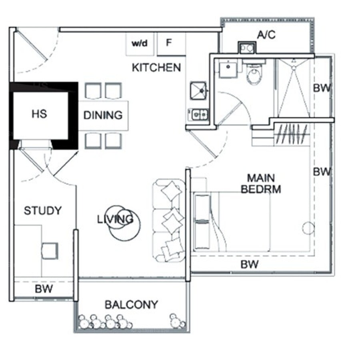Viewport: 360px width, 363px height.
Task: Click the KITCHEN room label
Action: (156, 68)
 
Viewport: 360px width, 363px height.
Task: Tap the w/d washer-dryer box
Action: (140, 44)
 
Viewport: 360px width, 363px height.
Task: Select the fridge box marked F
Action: (171, 44)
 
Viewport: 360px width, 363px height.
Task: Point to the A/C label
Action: (266, 35)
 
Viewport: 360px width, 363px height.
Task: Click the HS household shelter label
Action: (39, 114)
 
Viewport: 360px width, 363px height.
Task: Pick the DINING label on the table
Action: (103, 115)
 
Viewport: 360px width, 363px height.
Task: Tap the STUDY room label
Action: (43, 211)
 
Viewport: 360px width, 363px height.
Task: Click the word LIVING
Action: (115, 219)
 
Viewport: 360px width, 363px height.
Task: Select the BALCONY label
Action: (131, 305)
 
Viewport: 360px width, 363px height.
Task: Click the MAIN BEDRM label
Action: (261, 183)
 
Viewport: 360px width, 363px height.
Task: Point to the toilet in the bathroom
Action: (254, 72)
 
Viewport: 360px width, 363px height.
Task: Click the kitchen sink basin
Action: (198, 90)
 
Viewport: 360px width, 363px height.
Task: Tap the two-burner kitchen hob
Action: (198, 114)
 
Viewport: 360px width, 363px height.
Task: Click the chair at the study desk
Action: (50, 251)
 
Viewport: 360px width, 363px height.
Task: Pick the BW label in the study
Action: (44, 289)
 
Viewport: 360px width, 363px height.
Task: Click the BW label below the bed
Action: (250, 264)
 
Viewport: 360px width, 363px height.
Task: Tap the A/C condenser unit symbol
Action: (247, 48)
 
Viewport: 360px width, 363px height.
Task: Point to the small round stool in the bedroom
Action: (308, 228)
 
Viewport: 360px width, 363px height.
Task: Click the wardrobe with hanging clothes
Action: (292, 135)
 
